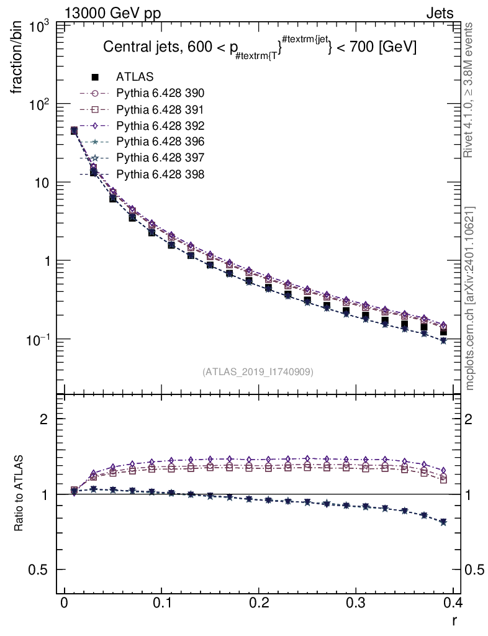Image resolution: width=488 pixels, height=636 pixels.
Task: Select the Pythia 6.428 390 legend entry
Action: click(160, 93)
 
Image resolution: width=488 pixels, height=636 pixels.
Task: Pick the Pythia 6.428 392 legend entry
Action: click(160, 125)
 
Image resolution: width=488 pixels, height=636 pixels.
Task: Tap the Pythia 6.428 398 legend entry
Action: click(160, 174)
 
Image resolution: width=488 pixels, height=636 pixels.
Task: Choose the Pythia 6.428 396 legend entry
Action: click(160, 142)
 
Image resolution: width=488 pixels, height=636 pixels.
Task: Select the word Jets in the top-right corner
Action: click(439, 13)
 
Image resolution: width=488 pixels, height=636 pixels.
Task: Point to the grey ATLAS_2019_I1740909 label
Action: click(258, 372)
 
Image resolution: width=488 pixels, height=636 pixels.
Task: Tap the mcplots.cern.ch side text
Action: click(470, 298)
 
